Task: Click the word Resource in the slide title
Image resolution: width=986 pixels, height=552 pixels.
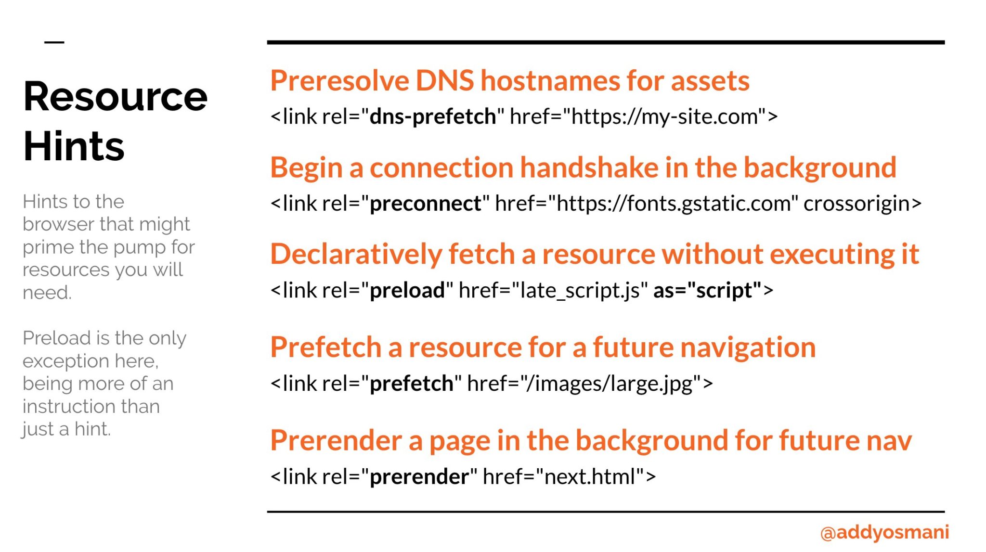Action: click(116, 97)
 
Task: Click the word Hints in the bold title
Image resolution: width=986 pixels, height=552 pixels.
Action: click(74, 146)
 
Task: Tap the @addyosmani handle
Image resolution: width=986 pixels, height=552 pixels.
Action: click(884, 532)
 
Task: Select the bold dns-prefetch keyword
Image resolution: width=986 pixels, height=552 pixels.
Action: click(432, 116)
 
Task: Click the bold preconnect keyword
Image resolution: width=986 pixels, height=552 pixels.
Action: click(425, 204)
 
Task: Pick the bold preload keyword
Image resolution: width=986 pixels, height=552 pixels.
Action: click(407, 290)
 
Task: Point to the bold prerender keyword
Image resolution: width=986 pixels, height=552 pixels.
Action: click(419, 477)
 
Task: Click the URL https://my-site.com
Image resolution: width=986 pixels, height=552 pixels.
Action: click(664, 116)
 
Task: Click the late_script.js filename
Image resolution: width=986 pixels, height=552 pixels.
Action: click(580, 290)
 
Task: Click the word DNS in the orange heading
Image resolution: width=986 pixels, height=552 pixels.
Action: click(444, 80)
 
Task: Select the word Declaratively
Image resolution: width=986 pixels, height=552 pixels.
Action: click(356, 254)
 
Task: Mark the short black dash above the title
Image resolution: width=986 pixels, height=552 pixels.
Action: click(54, 42)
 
